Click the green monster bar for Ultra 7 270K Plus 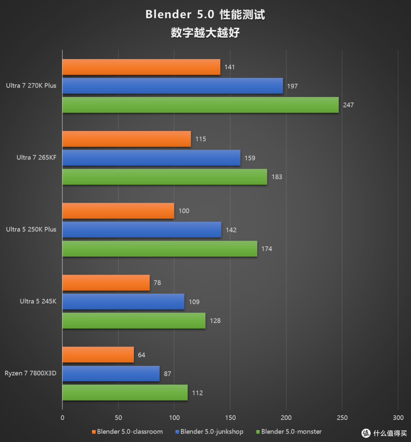tap(201, 105)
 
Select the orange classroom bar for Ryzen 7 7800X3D tap(98, 355)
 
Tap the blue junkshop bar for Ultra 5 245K tap(123, 302)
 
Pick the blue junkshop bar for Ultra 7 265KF tap(151, 158)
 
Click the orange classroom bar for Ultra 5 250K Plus tap(118, 211)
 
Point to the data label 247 tap(348, 105)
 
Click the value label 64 tap(142, 355)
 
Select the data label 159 tap(250, 158)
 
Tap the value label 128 tap(215, 321)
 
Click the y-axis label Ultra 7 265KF tap(37, 158)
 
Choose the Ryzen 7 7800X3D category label tap(30, 373)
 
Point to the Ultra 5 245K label tap(38, 301)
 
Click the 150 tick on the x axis tap(230, 418)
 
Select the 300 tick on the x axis tap(398, 418)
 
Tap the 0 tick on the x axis tap(62, 418)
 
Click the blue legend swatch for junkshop tap(177, 432)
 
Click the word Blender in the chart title tap(168, 14)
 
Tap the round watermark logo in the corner tap(366, 433)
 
